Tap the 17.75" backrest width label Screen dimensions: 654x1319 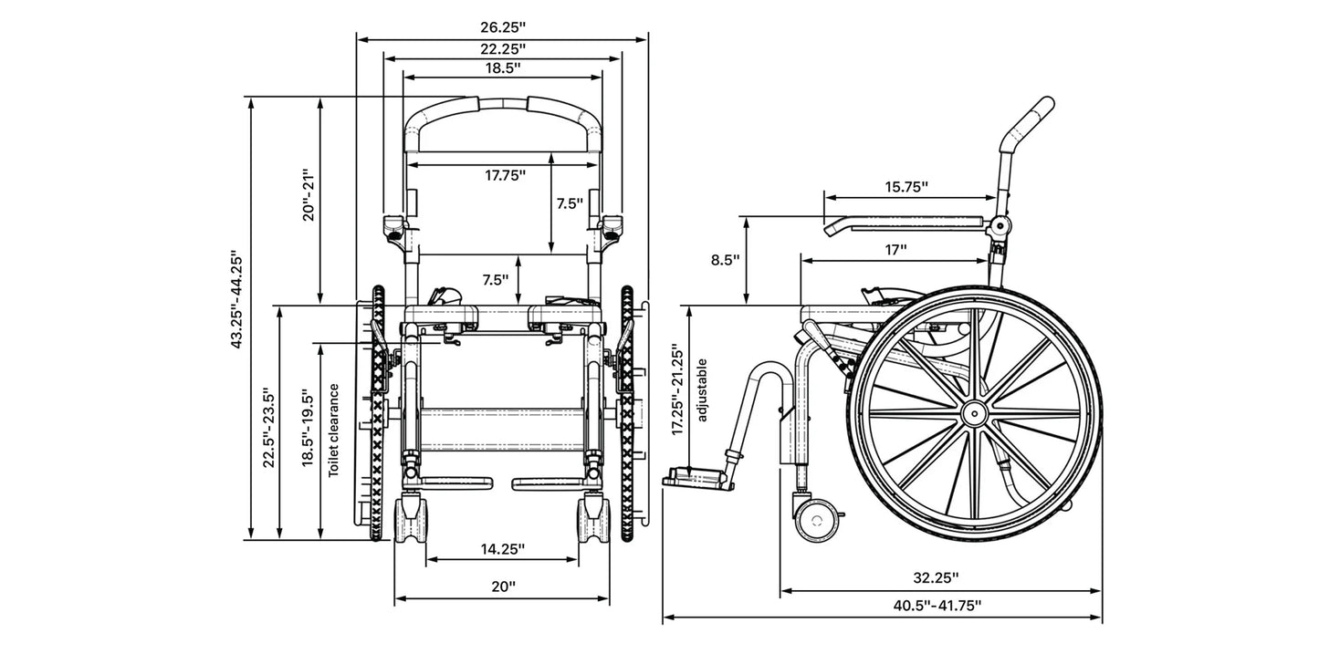pos(505,175)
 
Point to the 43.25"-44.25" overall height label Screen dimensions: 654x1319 pos(236,300)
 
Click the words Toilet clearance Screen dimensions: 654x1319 pos(334,430)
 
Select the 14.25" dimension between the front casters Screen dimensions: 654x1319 pos(502,548)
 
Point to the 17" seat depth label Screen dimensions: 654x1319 pos(895,249)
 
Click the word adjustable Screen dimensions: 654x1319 pos(702,390)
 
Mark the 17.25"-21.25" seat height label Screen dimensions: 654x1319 pos(675,390)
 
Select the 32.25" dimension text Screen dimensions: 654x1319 pos(935,577)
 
